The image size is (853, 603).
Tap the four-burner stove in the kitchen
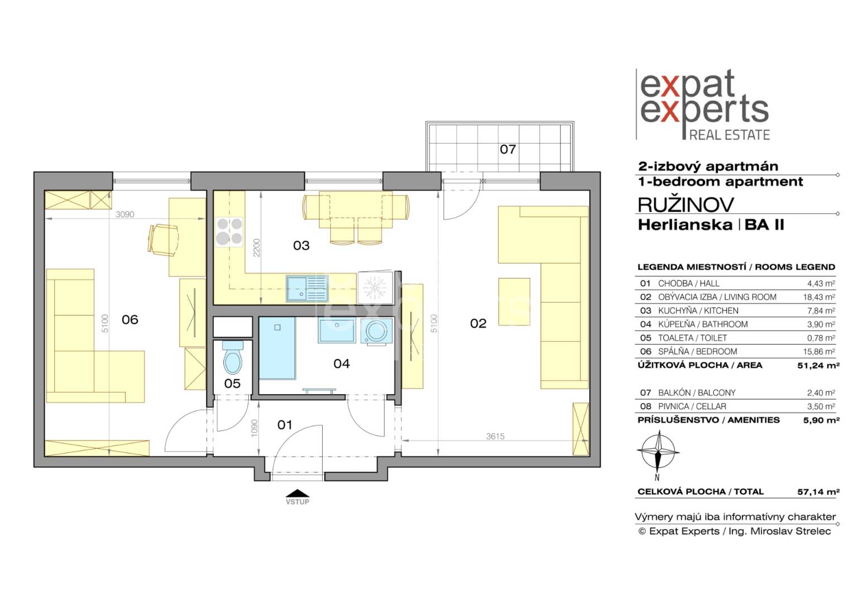click(229, 232)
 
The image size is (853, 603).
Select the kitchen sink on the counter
click(307, 288)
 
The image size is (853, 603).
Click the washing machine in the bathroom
click(376, 332)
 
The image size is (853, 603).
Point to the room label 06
click(130, 319)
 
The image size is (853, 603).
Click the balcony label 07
click(507, 149)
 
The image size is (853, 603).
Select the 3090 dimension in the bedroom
click(125, 214)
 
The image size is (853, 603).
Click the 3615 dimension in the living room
click(495, 437)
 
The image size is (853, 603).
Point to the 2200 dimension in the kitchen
click(256, 247)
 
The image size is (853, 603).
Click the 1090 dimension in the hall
click(255, 427)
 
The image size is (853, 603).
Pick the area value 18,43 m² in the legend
click(819, 297)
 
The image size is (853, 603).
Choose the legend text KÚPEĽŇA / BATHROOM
click(703, 324)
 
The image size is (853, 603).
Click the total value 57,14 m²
click(818, 492)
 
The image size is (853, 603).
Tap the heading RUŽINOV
click(686, 205)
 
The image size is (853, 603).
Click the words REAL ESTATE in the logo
click(730, 135)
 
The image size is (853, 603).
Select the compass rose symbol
click(658, 451)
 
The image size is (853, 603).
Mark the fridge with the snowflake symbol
click(375, 287)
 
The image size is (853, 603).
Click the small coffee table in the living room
click(514, 301)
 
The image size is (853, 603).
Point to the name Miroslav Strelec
click(790, 532)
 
